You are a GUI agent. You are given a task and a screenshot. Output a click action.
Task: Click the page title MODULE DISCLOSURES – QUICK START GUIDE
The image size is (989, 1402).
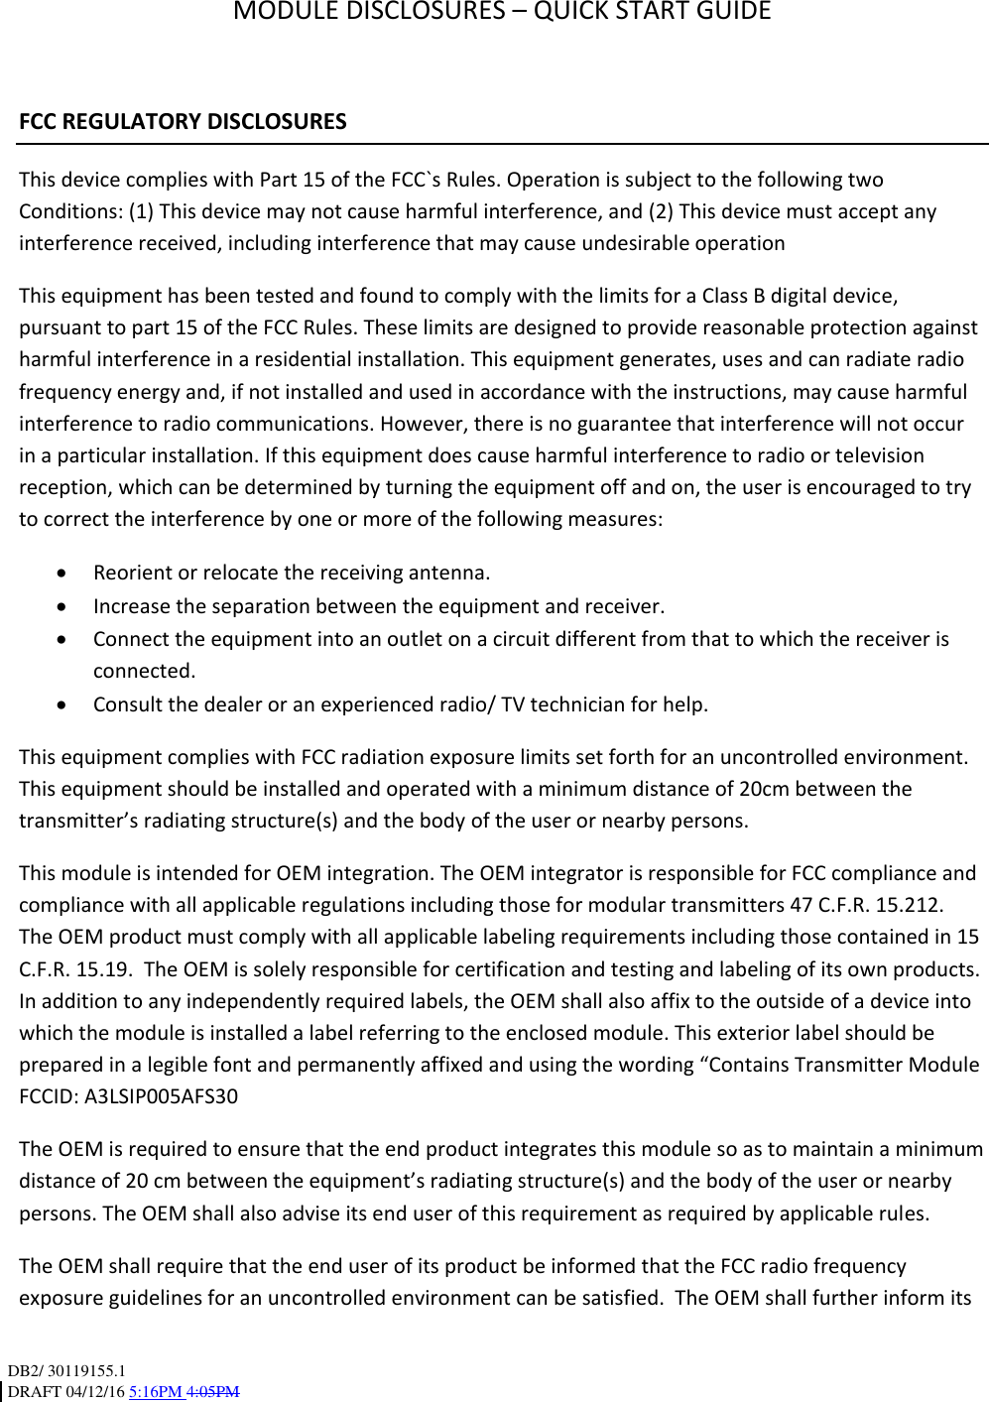click(502, 12)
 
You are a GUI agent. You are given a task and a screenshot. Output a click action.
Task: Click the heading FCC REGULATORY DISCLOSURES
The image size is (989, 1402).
click(183, 122)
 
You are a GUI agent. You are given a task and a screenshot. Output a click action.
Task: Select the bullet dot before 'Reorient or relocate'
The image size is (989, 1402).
click(63, 574)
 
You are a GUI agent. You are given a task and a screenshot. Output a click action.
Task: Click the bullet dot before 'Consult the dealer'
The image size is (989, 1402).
click(63, 705)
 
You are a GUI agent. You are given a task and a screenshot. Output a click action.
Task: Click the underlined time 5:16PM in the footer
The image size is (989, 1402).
click(156, 1391)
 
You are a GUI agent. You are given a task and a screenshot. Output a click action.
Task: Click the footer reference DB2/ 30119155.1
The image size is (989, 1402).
click(66, 1371)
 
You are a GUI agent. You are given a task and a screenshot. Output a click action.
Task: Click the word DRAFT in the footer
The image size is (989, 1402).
click(34, 1391)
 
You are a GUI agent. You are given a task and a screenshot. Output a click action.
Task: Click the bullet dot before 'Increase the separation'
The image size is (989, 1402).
click(63, 607)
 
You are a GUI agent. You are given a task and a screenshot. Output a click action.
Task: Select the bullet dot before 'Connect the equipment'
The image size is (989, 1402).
click(63, 640)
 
